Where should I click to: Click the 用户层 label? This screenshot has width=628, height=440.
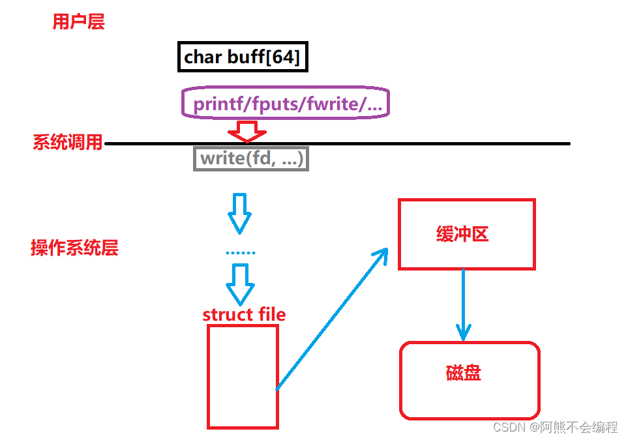point(78,22)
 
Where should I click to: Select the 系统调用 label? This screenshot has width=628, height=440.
point(68,142)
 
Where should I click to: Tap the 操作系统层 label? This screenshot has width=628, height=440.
point(74,248)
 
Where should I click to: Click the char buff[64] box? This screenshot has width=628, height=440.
point(243,57)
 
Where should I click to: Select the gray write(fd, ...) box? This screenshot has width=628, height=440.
point(251,158)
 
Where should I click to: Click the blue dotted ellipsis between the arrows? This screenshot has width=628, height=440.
point(241,252)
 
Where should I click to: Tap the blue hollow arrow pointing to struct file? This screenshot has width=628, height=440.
point(241,284)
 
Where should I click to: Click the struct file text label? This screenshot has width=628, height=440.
point(244,314)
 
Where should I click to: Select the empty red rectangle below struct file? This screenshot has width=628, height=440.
point(243,376)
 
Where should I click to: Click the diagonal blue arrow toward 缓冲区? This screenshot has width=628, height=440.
point(331,319)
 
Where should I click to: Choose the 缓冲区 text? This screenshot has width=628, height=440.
point(462,235)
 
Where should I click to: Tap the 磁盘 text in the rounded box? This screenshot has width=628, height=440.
point(464,373)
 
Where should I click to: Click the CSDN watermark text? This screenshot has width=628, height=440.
point(555,427)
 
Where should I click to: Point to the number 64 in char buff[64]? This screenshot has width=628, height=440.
point(283,57)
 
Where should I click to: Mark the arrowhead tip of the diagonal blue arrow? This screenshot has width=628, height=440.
point(387,249)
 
